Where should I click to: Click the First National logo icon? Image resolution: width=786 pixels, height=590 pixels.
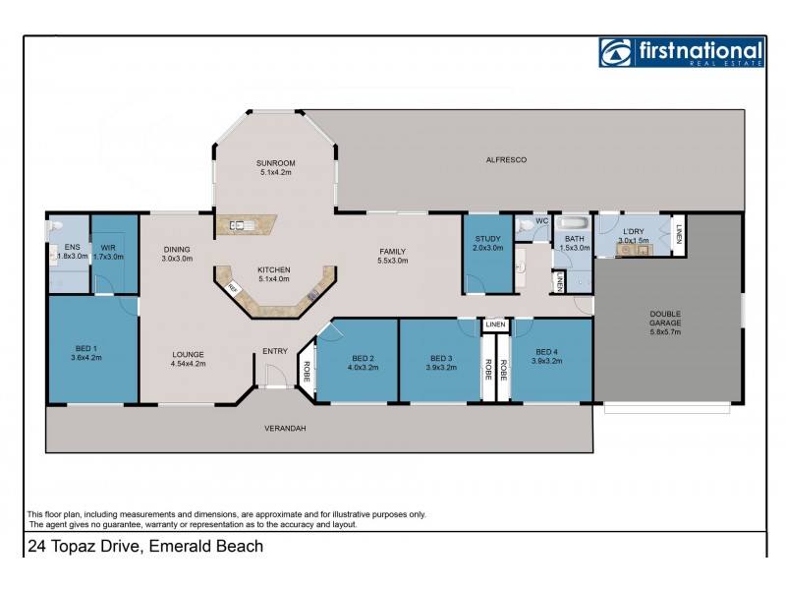click(614, 52)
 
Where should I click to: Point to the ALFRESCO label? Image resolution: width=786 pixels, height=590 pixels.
click(506, 159)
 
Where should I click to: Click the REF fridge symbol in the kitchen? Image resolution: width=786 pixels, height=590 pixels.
click(233, 287)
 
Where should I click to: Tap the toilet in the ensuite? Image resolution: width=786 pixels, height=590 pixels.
click(56, 227)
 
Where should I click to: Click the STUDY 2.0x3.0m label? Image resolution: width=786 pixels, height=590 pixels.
click(488, 243)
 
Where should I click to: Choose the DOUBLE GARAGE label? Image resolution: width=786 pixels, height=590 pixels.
click(665, 322)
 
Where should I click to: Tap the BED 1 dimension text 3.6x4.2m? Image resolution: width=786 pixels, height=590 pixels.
click(87, 357)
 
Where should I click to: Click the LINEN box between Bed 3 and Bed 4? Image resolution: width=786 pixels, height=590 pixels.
click(494, 324)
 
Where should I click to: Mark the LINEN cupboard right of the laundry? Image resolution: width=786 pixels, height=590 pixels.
click(678, 236)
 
